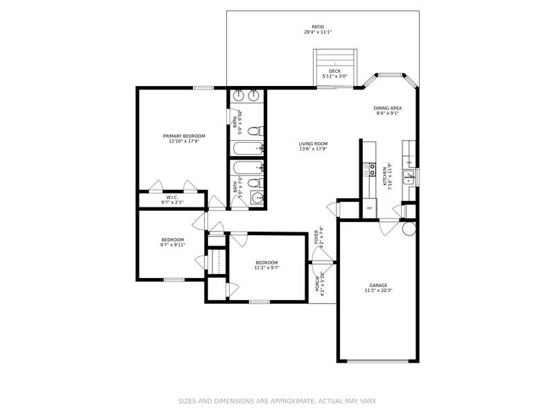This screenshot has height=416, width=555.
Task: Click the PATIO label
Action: [x=318, y=27]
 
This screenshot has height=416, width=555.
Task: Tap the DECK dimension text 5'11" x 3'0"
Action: [x=335, y=76]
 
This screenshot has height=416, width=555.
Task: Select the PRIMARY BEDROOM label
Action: [x=184, y=136]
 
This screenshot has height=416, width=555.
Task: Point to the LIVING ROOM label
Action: [x=313, y=144]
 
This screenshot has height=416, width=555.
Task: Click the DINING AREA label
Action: [x=388, y=108]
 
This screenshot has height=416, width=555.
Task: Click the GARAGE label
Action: [x=378, y=285]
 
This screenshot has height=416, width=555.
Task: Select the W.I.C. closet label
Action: [x=172, y=197]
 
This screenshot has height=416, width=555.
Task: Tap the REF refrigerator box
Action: [x=370, y=208]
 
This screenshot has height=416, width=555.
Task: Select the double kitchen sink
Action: [x=409, y=177]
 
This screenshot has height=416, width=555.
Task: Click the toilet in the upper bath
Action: [x=254, y=130]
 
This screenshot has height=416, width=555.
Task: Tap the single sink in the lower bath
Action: [x=257, y=198]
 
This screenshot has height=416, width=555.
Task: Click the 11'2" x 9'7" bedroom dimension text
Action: [x=266, y=268]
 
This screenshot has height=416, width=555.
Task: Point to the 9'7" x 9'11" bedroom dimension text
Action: [x=173, y=245]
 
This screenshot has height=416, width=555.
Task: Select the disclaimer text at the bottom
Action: [x=277, y=401]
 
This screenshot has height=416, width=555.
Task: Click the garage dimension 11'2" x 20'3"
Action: [x=378, y=291]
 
